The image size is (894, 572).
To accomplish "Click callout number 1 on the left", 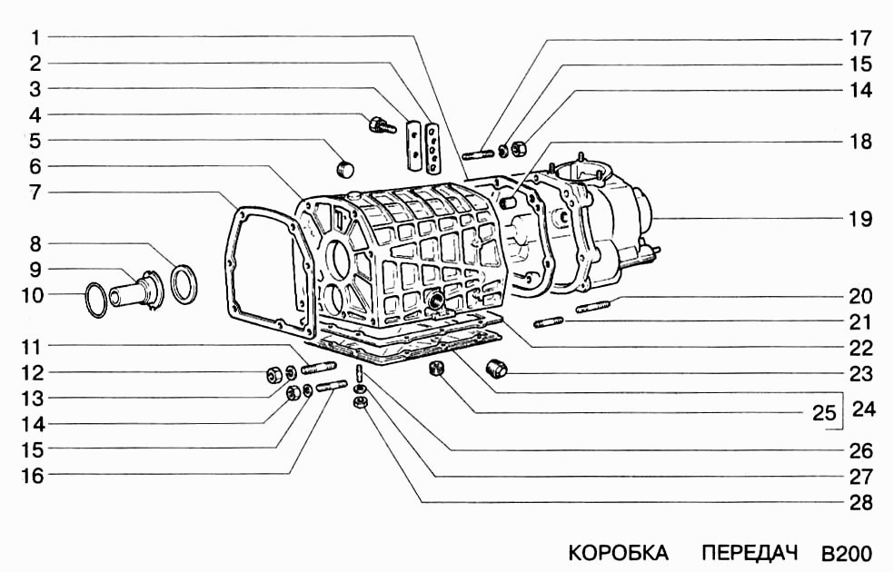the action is [x=35, y=37].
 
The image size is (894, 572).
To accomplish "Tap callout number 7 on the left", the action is [x=35, y=192].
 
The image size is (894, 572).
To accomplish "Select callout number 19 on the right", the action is [x=860, y=219].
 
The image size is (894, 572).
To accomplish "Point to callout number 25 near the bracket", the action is [x=824, y=412].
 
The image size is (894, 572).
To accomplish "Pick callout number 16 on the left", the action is [x=33, y=475].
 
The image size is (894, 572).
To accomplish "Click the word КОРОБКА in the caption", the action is [x=618, y=553].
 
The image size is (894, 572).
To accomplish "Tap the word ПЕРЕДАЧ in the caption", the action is [x=749, y=553].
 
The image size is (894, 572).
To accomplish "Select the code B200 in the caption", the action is [x=847, y=553].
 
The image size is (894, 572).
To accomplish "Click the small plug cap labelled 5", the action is [x=343, y=169].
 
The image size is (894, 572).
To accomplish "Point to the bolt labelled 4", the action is [x=382, y=124].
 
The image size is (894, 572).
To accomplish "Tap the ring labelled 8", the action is [x=184, y=283].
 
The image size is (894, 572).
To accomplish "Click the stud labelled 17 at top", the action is [x=478, y=153].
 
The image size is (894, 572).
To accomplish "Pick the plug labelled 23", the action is [x=497, y=368].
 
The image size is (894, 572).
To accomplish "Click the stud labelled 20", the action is [x=593, y=306].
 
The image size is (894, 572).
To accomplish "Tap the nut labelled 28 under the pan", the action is [x=360, y=401].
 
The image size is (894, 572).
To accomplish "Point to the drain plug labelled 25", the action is [x=437, y=369].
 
